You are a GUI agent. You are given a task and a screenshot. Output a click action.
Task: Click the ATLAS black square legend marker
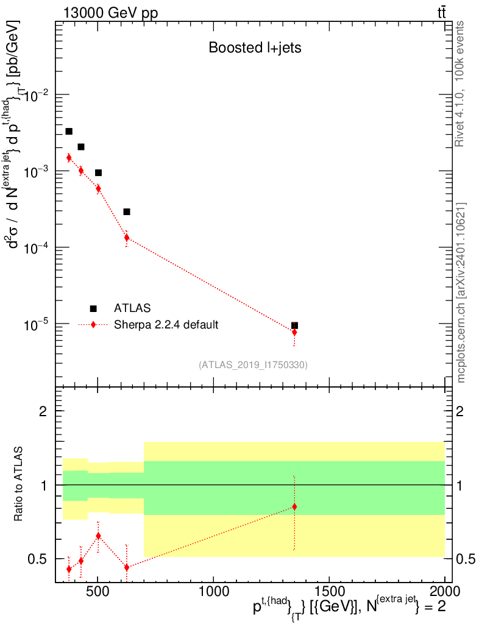click(x=93, y=308)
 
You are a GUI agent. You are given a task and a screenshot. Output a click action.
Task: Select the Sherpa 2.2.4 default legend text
click(x=166, y=325)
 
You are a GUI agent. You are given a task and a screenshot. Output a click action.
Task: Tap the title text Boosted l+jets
click(x=255, y=48)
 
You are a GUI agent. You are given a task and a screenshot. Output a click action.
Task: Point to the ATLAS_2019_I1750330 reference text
click(x=253, y=365)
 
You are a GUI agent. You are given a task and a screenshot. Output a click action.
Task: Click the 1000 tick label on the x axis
click(x=214, y=591)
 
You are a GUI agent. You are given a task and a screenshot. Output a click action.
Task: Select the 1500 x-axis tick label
click(x=329, y=591)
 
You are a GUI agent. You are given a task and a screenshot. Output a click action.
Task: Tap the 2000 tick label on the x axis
click(x=445, y=591)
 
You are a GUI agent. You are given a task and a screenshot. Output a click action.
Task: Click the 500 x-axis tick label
click(x=98, y=591)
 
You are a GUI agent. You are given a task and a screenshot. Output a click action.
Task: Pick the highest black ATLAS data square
click(x=69, y=131)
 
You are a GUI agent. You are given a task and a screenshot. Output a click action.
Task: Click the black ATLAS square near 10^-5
click(x=294, y=325)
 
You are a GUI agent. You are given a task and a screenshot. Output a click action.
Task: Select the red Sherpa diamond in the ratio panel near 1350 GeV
click(x=294, y=507)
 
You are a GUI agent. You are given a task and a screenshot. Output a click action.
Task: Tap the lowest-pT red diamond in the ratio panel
click(x=69, y=569)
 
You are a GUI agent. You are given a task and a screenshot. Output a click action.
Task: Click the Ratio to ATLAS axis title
click(x=19, y=484)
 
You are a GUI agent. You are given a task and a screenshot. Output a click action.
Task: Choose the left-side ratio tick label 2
click(x=43, y=411)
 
